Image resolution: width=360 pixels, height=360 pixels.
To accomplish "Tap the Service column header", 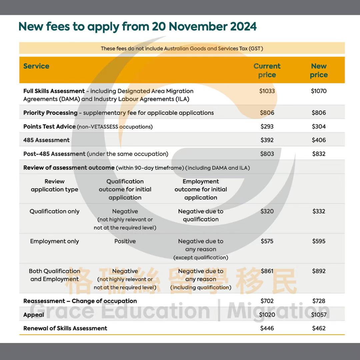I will pyautogui.click(x=36, y=66).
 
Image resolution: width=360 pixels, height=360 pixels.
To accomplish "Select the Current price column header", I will pyautogui.click(x=267, y=70).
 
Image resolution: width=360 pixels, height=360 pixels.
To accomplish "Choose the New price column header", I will pyautogui.click(x=319, y=70).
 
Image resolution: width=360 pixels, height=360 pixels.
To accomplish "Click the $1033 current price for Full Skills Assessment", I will pyautogui.click(x=267, y=91).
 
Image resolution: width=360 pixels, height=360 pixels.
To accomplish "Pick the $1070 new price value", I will pyautogui.click(x=319, y=91).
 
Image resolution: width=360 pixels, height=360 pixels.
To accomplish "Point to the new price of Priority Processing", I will pyautogui.click(x=319, y=113).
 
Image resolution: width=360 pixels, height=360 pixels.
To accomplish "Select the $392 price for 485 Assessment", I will pyautogui.click(x=267, y=140).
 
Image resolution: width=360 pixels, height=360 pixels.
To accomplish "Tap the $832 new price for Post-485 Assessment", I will pyautogui.click(x=319, y=154).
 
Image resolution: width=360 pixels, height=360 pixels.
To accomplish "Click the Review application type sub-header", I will pyautogui.click(x=55, y=185).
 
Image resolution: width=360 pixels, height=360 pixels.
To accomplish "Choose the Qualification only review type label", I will pyautogui.click(x=55, y=211).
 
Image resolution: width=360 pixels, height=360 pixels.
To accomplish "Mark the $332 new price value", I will pyautogui.click(x=319, y=211).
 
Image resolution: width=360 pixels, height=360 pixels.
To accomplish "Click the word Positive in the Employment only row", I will pyautogui.click(x=125, y=241).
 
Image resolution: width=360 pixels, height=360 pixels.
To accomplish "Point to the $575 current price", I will pyautogui.click(x=267, y=241).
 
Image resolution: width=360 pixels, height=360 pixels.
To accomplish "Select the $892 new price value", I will pyautogui.click(x=319, y=271).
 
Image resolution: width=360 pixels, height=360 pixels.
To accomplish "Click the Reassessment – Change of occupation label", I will pyautogui.click(x=80, y=301).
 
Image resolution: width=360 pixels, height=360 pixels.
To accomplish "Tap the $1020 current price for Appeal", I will pyautogui.click(x=267, y=315).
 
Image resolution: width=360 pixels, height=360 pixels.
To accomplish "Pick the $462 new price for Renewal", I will pyautogui.click(x=319, y=328).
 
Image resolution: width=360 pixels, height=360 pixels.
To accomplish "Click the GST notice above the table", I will pyautogui.click(x=182, y=49).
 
